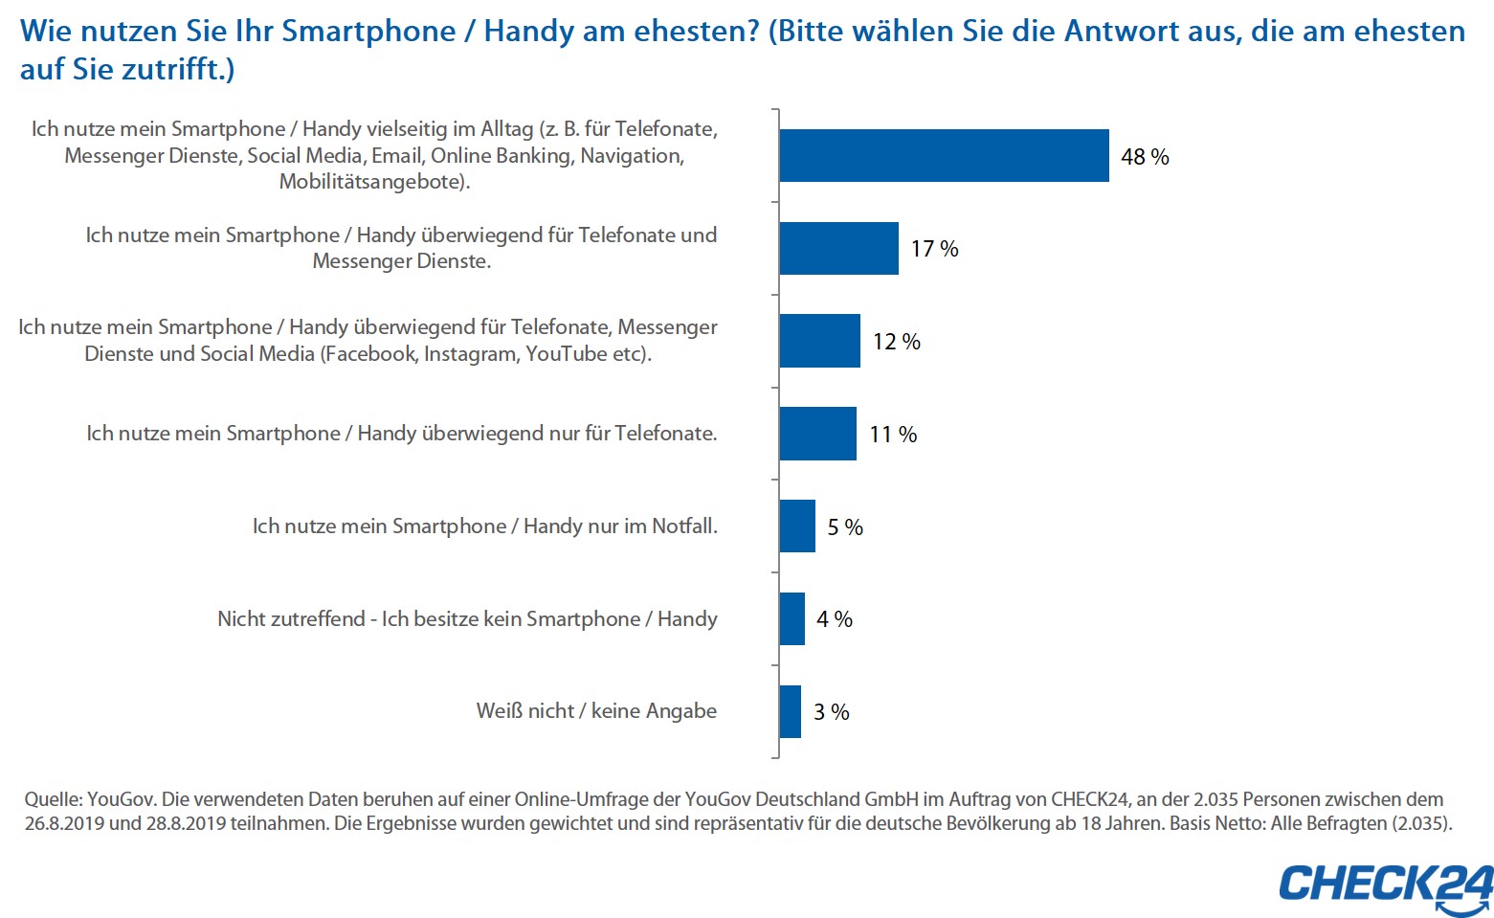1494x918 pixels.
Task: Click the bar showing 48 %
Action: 944,155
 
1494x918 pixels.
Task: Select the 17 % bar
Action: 838,248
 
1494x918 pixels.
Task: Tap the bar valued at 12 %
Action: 819,341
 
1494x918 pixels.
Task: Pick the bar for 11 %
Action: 817,434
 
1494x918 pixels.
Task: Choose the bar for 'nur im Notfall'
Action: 797,526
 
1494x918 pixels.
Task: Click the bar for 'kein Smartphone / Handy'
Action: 792,618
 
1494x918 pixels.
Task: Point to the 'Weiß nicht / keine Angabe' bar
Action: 790,711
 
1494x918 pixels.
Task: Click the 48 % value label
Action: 1145,157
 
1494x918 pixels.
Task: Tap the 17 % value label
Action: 934,249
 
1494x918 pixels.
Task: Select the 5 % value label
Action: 845,527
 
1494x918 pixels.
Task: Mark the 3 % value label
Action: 832,712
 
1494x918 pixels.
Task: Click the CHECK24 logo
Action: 1385,886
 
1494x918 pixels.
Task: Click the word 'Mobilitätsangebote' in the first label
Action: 372,182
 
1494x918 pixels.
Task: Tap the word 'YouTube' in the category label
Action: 566,354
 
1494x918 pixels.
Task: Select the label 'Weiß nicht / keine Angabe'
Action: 596,711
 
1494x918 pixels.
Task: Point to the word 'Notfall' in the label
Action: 683,526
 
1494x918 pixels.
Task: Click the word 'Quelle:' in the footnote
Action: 53,799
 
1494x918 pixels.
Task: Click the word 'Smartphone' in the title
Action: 368,31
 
